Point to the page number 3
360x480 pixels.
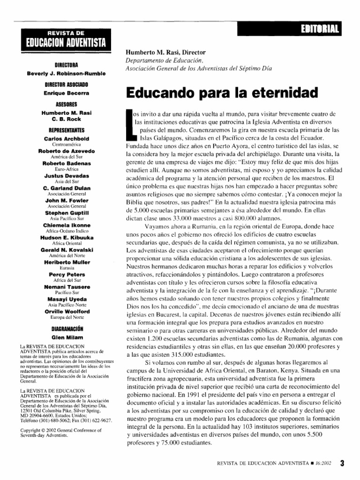click(x=342, y=464)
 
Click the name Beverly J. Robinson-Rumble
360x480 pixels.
click(x=66, y=73)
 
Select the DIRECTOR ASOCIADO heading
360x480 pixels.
click(x=66, y=84)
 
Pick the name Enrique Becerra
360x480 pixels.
click(x=66, y=93)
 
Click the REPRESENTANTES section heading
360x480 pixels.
click(x=66, y=130)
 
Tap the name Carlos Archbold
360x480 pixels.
click(x=66, y=139)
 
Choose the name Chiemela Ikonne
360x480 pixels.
click(x=66, y=225)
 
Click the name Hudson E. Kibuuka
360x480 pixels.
click(x=66, y=237)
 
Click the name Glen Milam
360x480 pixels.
click(x=66, y=337)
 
